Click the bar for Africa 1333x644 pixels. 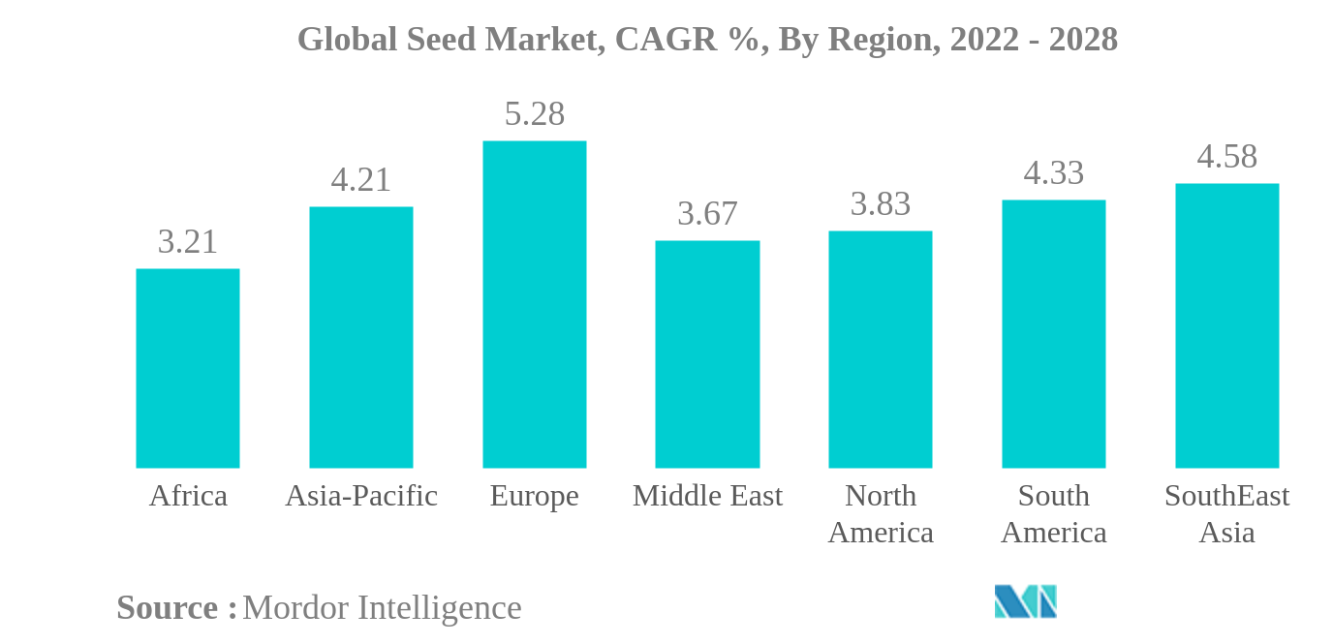[x=187, y=368]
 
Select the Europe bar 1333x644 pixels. [x=534, y=304]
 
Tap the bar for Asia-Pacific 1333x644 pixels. [x=360, y=337]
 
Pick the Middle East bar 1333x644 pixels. [x=707, y=353]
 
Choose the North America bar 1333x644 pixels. [x=880, y=349]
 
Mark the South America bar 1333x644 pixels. [x=1053, y=333]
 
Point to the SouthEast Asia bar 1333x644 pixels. [x=1226, y=325]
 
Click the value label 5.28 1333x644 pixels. [x=534, y=114]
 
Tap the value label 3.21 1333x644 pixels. [x=187, y=242]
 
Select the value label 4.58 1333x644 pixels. [x=1226, y=157]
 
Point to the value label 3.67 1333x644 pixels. [x=707, y=214]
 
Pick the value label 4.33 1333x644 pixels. [x=1053, y=173]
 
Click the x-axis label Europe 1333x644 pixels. [x=534, y=496]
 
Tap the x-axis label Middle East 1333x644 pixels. [x=707, y=496]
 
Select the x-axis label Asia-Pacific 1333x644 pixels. [x=360, y=496]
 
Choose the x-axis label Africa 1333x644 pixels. [x=187, y=496]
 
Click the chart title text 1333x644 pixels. [x=707, y=39]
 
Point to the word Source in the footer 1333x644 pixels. [x=167, y=608]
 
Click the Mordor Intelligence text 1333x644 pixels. [x=382, y=608]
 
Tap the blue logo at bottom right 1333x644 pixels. [x=1025, y=601]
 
